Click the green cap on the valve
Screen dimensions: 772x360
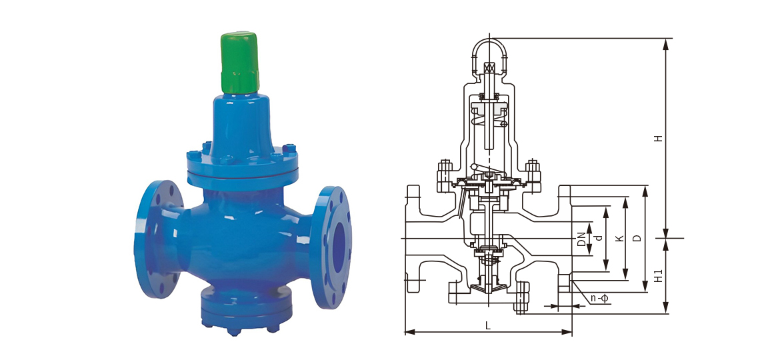239,62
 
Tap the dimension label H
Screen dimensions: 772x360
658,139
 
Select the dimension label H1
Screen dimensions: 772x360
659,276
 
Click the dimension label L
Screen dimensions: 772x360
488,325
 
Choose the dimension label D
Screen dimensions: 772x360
637,239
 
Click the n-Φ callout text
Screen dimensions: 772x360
600,299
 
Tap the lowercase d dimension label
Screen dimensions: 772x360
599,239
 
